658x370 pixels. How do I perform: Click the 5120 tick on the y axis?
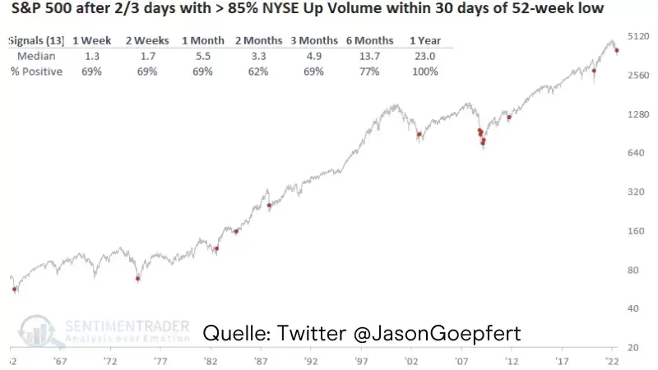(x=639, y=36)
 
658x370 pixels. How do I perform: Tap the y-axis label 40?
(x=633, y=308)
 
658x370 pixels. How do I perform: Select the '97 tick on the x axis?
(x=361, y=360)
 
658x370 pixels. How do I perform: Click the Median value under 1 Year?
(x=426, y=56)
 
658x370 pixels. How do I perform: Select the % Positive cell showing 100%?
(x=426, y=72)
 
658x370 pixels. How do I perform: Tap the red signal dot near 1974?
(x=138, y=279)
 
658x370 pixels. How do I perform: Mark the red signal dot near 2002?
(x=419, y=135)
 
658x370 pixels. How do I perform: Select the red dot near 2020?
(x=594, y=72)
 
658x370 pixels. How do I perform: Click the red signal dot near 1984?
(x=236, y=231)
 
